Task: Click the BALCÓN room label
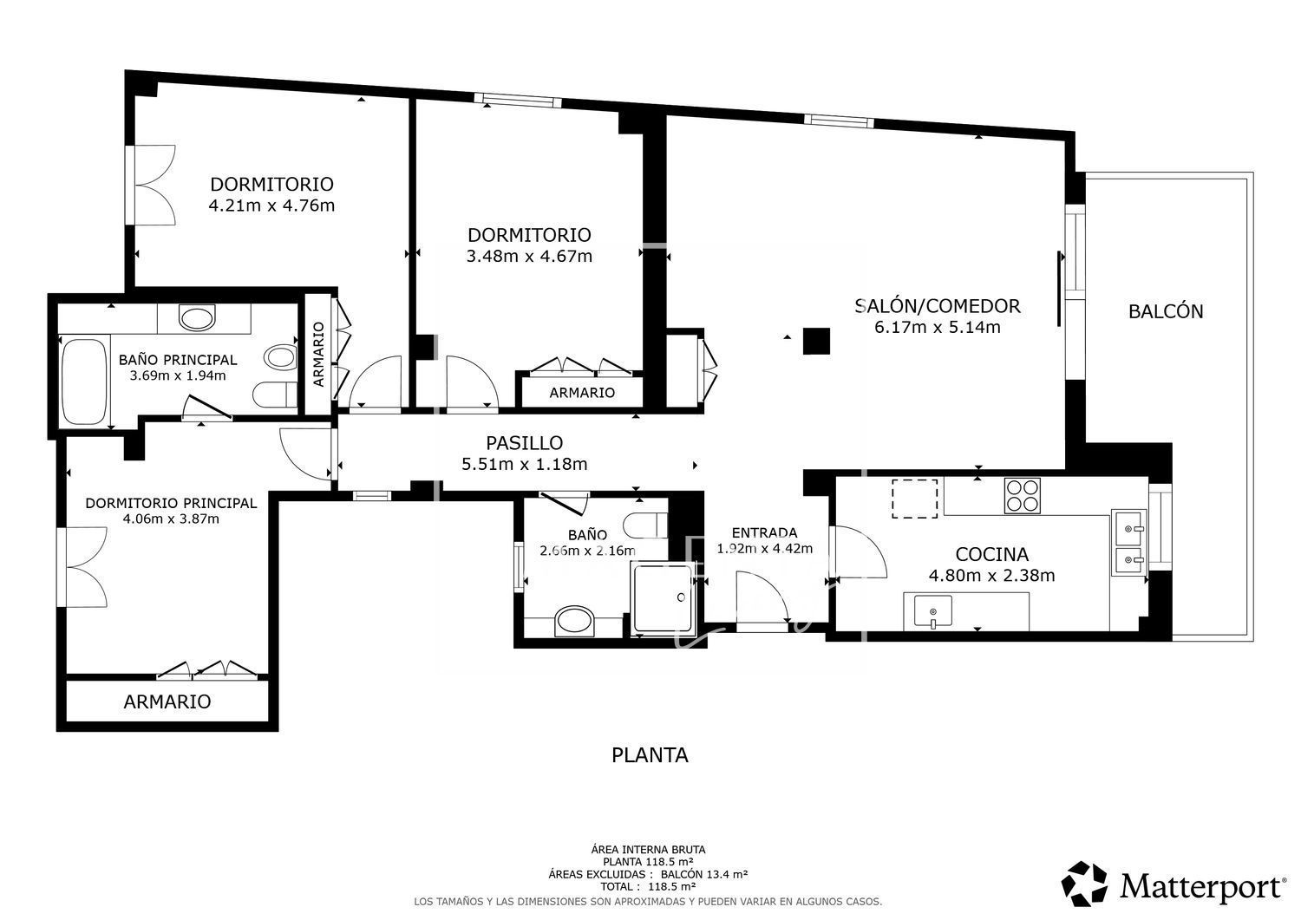(1166, 311)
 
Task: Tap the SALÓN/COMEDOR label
(938, 306)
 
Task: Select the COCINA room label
(991, 554)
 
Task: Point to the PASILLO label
(525, 443)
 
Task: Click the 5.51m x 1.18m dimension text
(525, 464)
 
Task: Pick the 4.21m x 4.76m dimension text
(271, 206)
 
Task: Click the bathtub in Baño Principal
(85, 381)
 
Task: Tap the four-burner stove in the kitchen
(1023, 496)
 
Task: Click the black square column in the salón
(816, 341)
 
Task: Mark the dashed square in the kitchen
(915, 499)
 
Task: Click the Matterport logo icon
(1085, 884)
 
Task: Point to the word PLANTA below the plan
(650, 755)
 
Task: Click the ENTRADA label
(764, 532)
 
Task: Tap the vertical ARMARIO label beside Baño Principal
(318, 355)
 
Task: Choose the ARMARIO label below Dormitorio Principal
(167, 701)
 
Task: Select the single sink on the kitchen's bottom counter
(932, 611)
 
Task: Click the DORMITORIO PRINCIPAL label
(172, 503)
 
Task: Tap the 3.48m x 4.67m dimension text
(529, 256)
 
